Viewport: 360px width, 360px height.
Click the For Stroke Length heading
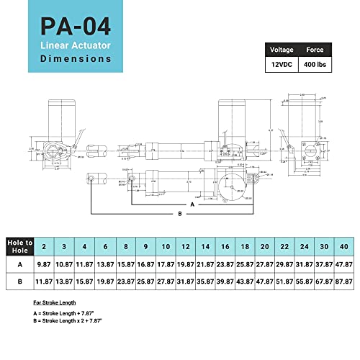click(55, 303)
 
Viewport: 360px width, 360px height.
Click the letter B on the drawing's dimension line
click(179, 214)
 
